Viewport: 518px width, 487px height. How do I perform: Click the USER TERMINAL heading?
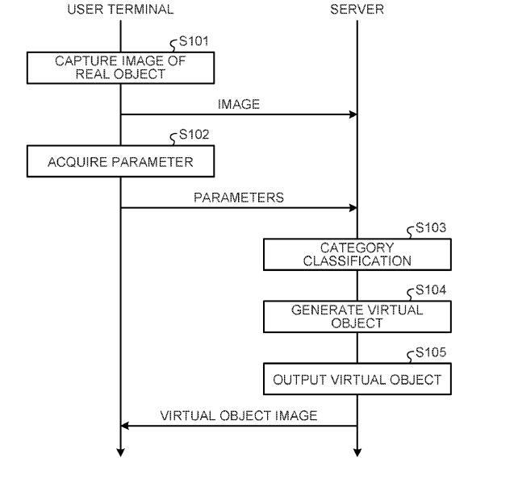click(120, 10)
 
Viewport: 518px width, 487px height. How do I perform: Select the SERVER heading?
click(357, 10)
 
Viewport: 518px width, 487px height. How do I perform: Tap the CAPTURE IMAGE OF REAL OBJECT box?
click(121, 68)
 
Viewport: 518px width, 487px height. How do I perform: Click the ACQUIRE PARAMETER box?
click(121, 161)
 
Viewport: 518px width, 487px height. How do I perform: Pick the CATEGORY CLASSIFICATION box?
click(357, 254)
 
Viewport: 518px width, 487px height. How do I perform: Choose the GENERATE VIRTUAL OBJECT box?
click(357, 316)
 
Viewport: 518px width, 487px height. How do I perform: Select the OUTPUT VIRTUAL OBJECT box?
click(357, 379)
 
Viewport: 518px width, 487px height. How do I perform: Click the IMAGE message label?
click(239, 104)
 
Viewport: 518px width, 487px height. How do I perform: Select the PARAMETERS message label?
click(239, 198)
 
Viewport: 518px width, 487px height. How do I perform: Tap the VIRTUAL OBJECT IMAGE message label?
click(239, 416)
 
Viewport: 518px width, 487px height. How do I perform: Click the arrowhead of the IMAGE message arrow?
click(353, 114)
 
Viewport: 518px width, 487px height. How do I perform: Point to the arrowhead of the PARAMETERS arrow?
click(353, 208)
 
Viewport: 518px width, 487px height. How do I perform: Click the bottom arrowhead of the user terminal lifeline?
click(121, 452)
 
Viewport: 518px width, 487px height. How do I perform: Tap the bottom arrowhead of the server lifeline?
click(357, 452)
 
